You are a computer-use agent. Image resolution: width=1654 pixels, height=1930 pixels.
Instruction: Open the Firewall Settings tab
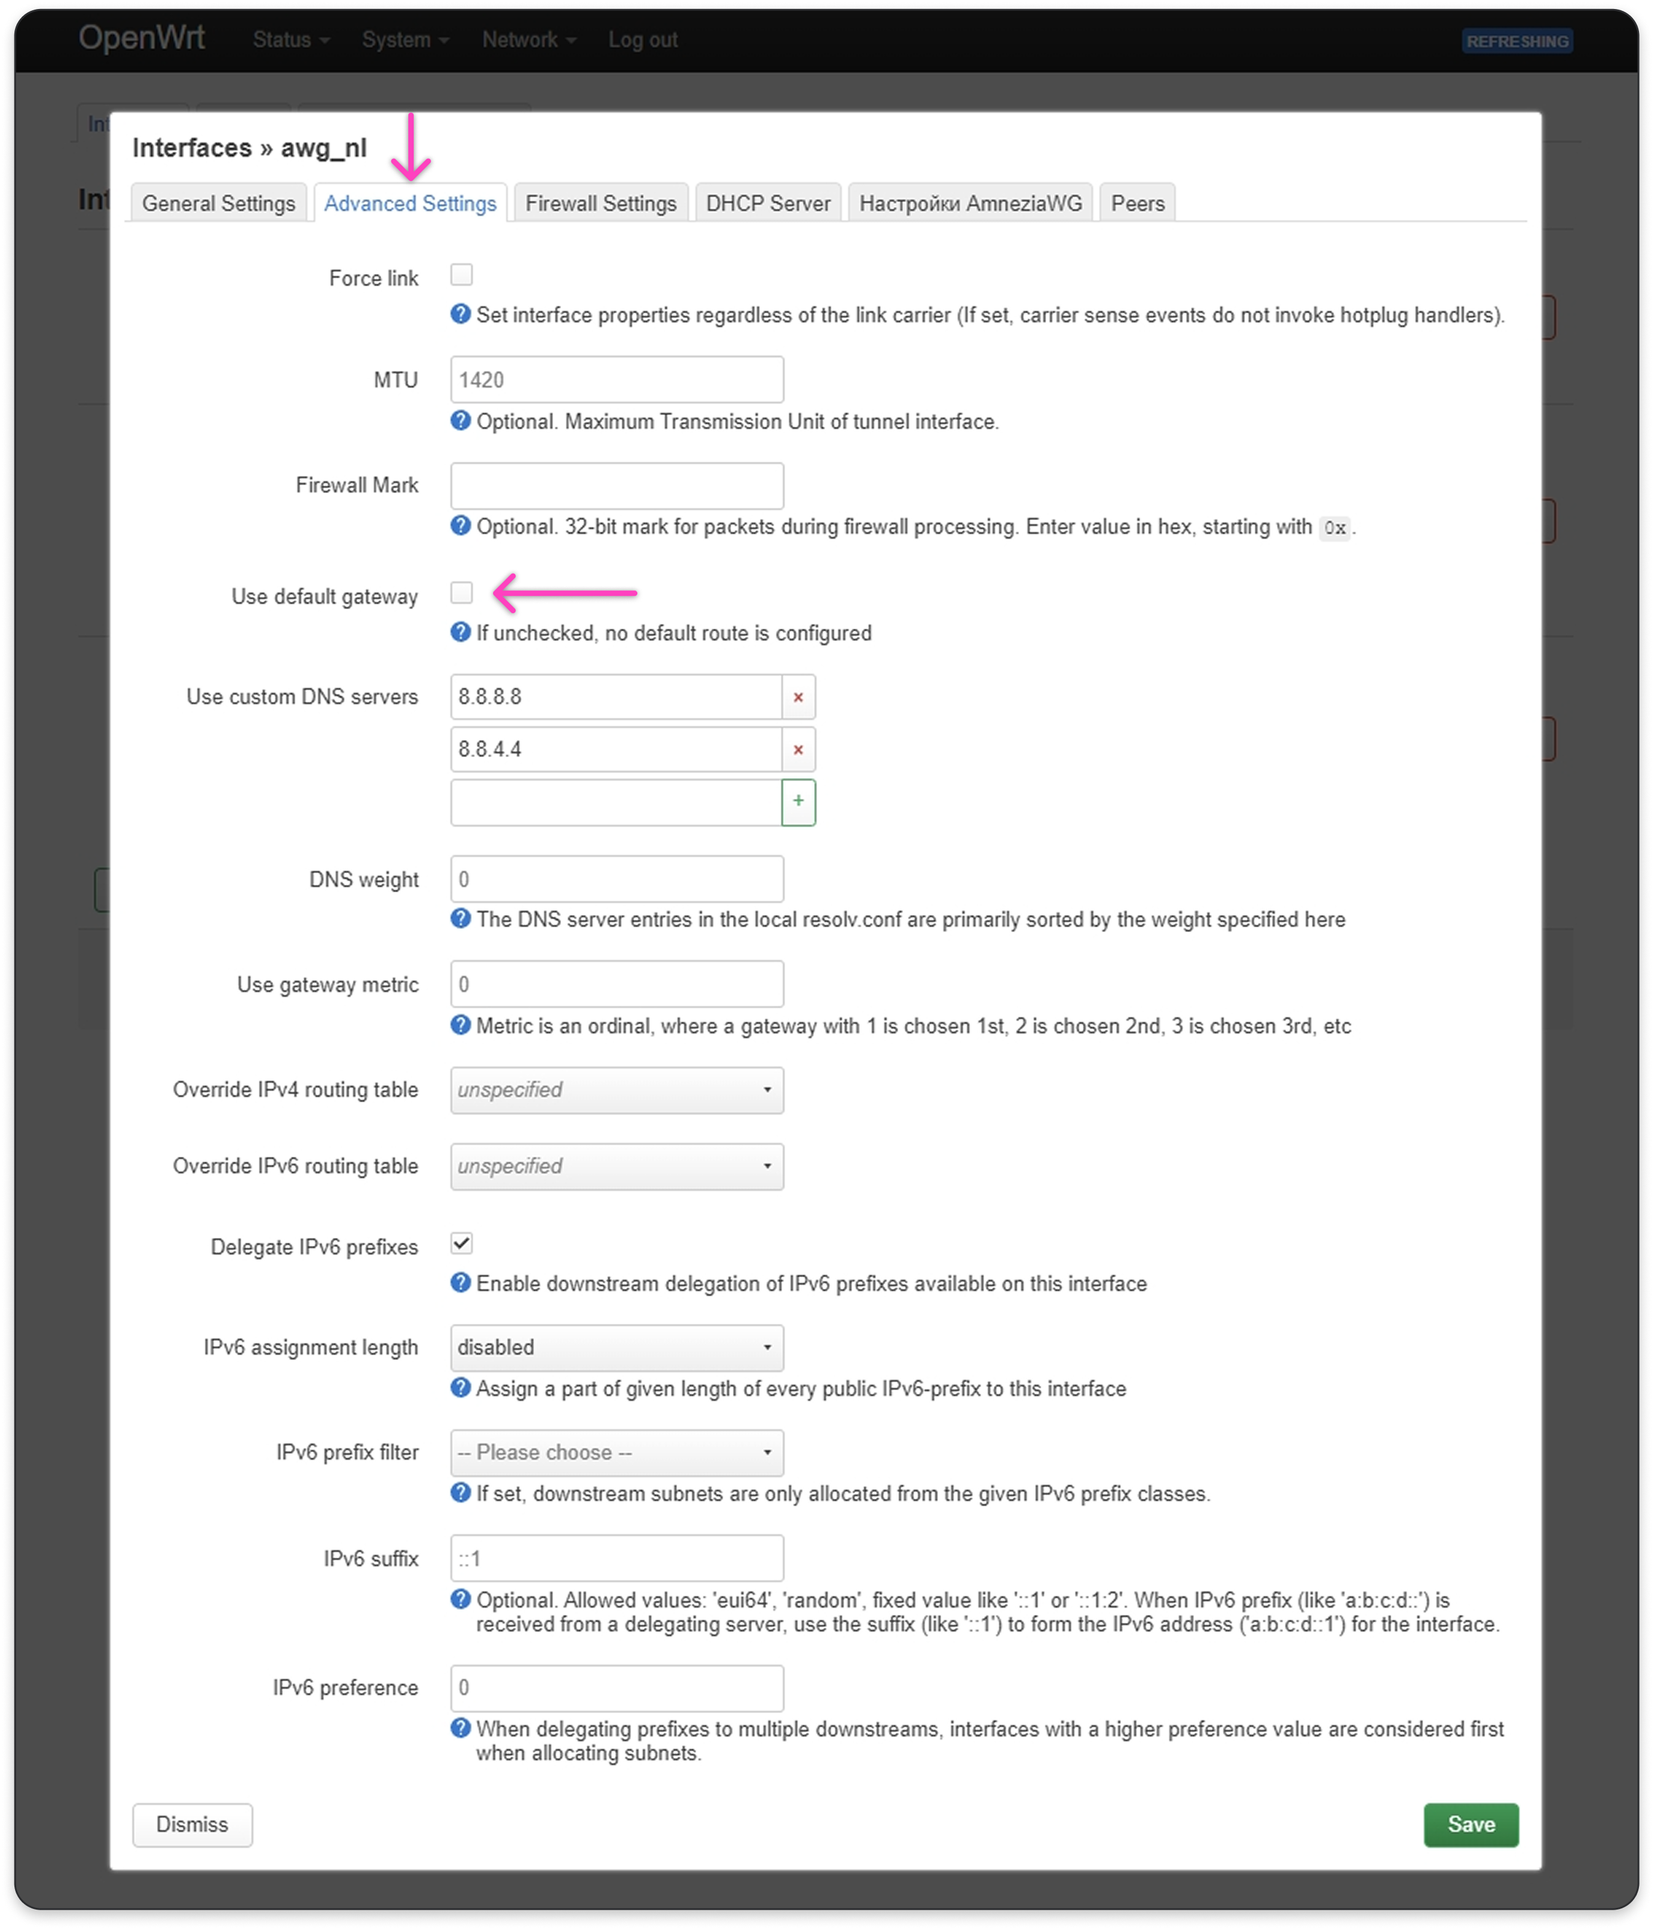point(601,203)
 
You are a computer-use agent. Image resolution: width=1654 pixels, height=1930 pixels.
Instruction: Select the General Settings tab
point(219,203)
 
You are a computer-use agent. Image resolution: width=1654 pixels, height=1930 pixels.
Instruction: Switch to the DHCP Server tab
point(767,203)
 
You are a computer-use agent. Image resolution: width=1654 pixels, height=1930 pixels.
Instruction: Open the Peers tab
point(1137,203)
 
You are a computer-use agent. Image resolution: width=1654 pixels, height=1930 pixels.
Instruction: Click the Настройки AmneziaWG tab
point(970,203)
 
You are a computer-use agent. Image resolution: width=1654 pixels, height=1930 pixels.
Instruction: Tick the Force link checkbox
point(461,275)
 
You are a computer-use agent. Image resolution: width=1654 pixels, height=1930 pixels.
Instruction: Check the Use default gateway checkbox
point(461,592)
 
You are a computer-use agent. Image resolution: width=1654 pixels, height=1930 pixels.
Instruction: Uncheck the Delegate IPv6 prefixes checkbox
point(461,1243)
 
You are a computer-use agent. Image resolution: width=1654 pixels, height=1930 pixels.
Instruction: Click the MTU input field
point(616,380)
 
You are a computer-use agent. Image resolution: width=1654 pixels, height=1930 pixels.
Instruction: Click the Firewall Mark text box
point(616,485)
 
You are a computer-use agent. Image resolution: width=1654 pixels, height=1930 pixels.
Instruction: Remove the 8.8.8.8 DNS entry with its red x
point(798,697)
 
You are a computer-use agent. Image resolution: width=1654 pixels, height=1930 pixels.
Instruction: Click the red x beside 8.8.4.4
point(798,749)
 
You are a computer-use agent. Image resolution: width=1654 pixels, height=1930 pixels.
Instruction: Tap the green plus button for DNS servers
point(798,801)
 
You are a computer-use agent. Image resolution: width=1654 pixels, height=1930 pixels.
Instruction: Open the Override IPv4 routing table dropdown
point(616,1090)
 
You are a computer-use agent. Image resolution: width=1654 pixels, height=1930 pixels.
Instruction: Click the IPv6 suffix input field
point(616,1558)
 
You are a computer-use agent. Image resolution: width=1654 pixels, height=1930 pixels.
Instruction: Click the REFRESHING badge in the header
point(1517,41)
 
